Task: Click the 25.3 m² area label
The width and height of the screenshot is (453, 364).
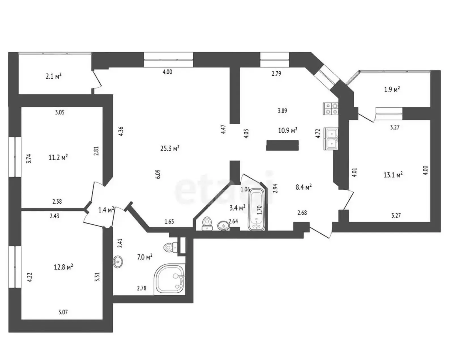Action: pos(170,148)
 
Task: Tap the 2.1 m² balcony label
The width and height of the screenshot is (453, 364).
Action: pos(54,76)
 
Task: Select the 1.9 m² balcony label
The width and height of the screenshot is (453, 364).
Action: pos(392,90)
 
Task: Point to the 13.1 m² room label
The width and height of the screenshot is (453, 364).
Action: pos(393,175)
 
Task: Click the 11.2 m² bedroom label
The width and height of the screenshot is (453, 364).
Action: pos(58,157)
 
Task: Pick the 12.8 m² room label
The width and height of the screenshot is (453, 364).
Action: pos(64,267)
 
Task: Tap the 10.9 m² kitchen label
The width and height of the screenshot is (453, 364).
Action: pos(288,130)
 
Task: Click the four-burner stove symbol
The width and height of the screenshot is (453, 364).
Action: pos(331,109)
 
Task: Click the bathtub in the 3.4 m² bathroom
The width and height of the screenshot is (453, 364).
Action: pos(256,209)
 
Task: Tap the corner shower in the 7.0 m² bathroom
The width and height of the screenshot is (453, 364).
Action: pos(170,280)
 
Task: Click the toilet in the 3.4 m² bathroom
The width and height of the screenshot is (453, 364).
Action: pos(206,224)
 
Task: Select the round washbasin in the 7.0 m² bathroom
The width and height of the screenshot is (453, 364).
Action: pos(118,262)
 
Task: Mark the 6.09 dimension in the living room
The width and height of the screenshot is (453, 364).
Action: pos(158,174)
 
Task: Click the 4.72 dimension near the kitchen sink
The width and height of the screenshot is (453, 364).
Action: pos(318,133)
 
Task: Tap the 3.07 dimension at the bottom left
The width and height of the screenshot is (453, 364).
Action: pos(63,312)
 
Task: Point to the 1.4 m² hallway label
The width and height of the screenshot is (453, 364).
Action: pos(106,210)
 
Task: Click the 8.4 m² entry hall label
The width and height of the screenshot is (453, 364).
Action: pos(304,187)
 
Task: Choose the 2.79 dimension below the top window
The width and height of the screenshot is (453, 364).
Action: pos(276,74)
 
